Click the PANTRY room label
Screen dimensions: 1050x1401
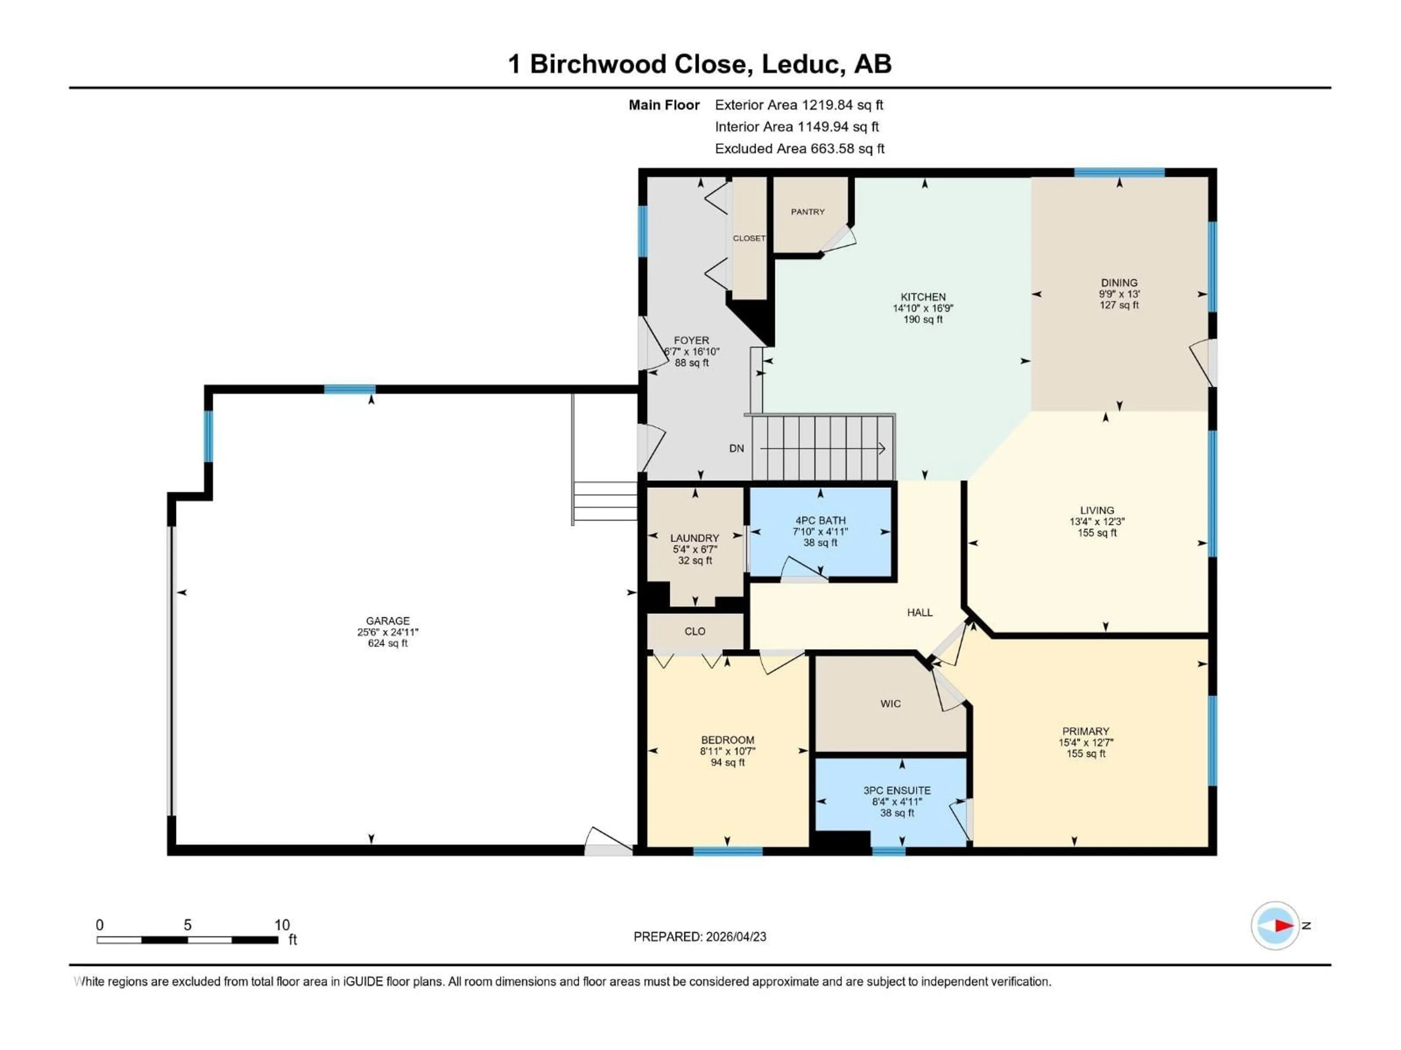click(x=807, y=212)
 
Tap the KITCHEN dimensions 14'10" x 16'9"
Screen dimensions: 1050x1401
click(x=923, y=308)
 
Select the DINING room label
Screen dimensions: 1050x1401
click(x=1119, y=283)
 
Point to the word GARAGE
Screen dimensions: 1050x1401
click(x=387, y=621)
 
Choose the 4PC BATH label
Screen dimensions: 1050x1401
click(x=820, y=520)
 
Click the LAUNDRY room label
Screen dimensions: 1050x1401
click(x=695, y=538)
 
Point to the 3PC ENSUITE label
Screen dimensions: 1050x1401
click(x=897, y=790)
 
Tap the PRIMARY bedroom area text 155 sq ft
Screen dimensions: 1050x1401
click(x=1085, y=754)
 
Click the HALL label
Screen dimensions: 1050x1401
click(x=920, y=612)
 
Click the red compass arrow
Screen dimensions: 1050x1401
click(x=1283, y=925)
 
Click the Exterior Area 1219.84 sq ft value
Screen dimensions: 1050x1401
click(x=842, y=105)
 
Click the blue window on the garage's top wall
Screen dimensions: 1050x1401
click(x=350, y=389)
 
